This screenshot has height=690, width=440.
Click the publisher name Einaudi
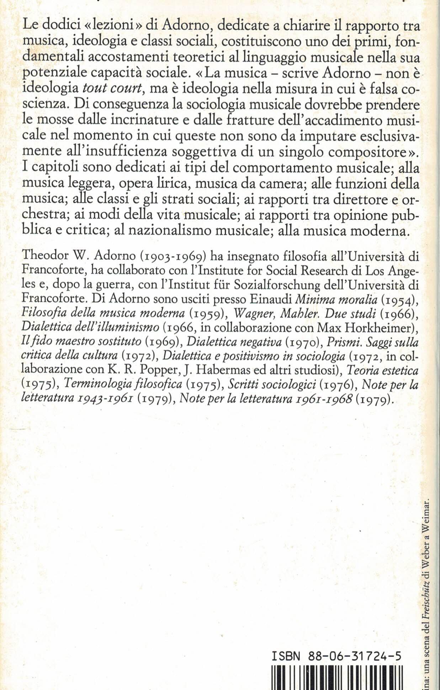[x=270, y=300]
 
